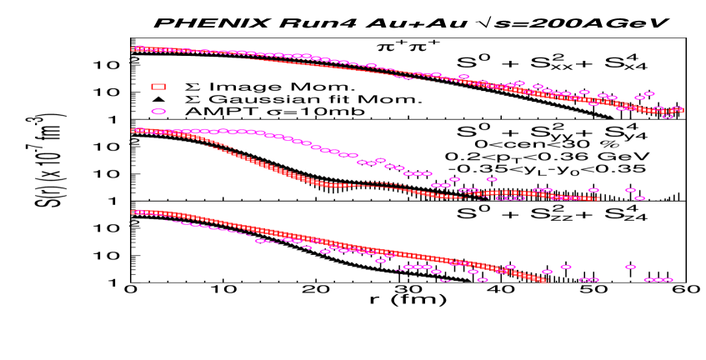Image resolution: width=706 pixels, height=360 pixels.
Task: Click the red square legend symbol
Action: point(158,87)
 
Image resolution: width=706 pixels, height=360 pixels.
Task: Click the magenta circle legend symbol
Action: point(158,111)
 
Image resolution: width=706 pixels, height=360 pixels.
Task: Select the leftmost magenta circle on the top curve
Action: point(139,48)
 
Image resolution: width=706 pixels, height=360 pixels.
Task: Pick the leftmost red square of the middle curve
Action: point(134,131)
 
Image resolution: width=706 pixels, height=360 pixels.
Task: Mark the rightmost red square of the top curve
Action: point(679,110)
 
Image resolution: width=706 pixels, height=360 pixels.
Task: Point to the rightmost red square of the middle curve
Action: point(596,198)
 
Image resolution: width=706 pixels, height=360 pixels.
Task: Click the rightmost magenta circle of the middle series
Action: point(639,198)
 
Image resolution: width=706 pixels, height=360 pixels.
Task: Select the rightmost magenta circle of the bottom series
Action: point(668,280)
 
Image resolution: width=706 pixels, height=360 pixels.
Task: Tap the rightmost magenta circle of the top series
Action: point(677,109)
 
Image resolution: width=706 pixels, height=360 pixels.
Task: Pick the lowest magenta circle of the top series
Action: point(668,117)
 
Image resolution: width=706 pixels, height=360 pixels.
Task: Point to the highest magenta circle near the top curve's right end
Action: point(649,94)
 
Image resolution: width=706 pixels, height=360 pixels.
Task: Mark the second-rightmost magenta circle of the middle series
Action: point(630,190)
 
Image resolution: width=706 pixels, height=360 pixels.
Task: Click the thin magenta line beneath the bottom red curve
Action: point(208,227)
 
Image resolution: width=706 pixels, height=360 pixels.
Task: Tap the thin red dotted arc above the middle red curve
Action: point(375,182)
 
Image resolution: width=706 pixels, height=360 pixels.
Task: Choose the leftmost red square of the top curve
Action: point(134,49)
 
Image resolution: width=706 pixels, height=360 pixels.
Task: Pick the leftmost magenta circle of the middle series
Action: point(139,130)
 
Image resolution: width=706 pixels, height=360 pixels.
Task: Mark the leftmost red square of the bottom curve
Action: point(134,212)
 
